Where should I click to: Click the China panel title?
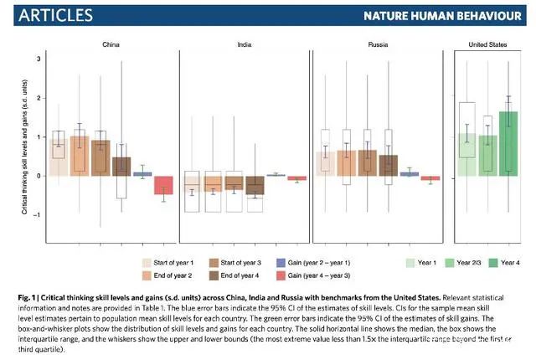pos(111,44)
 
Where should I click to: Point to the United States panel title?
pos(489,44)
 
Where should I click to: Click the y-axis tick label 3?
pos(38,59)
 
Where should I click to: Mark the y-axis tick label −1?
pos(37,216)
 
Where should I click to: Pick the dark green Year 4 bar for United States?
pos(508,143)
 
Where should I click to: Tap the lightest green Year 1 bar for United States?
pos(467,155)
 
